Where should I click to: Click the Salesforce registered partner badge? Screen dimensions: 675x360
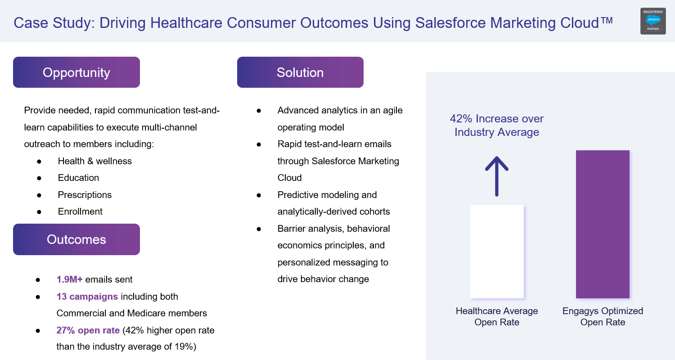[x=653, y=21]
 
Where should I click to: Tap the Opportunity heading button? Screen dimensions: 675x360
[x=76, y=72]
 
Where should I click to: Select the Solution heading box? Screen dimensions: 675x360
[x=300, y=72]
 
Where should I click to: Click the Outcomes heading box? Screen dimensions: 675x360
[x=76, y=239]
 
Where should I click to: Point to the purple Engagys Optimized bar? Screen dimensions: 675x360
[x=603, y=224]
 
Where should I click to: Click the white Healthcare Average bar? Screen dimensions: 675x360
[x=497, y=252]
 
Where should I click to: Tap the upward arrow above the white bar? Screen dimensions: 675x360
[x=497, y=176]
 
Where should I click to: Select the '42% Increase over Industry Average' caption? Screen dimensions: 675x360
[x=497, y=125]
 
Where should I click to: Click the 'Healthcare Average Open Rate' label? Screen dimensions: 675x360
[x=497, y=316]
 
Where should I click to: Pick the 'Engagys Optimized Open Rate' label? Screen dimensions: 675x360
[x=603, y=316]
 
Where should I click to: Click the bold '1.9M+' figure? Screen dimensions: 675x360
[x=69, y=279]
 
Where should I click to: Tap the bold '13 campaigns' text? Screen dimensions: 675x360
[x=87, y=297]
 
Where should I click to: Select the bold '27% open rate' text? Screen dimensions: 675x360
[x=88, y=330]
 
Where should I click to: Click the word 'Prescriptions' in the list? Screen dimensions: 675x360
[x=85, y=195]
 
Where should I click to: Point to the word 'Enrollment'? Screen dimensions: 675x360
[x=80, y=211]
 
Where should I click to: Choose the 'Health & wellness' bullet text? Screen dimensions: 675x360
[x=94, y=161]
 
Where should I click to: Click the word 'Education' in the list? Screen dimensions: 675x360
[x=78, y=178]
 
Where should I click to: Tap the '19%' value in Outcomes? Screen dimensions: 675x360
[x=183, y=346]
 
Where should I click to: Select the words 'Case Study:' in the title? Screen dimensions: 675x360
[x=54, y=23]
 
